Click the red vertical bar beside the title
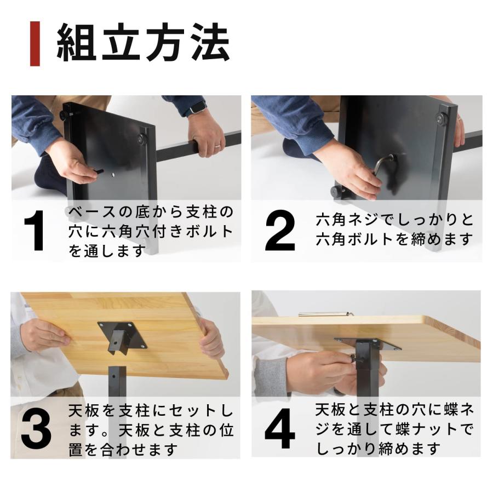pyautogui.click(x=35, y=44)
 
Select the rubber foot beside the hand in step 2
pyautogui.click(x=336, y=192)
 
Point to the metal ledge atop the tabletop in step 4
pyautogui.click(x=325, y=314)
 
